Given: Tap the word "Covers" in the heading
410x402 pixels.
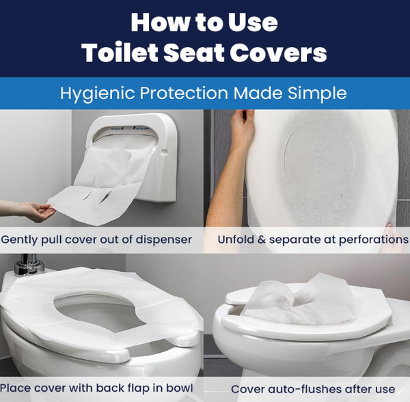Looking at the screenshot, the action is (278, 53).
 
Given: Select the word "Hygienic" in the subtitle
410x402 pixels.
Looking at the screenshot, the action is (98, 94).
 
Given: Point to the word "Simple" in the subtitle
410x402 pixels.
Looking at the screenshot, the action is (317, 94).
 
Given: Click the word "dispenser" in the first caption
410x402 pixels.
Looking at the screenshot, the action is (162, 240).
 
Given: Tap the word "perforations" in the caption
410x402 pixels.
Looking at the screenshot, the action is (373, 240).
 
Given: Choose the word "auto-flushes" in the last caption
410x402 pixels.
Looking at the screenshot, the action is (305, 389).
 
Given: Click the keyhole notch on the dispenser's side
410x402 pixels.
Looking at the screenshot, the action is (164, 152).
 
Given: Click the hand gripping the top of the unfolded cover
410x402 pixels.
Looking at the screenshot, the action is (242, 127).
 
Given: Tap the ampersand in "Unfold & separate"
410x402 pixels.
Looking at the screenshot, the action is (261, 240).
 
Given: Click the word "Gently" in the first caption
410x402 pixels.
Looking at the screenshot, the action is (19, 240).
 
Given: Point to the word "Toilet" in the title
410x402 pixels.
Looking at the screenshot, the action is (120, 53).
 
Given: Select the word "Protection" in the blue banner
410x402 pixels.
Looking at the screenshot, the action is (184, 93).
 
